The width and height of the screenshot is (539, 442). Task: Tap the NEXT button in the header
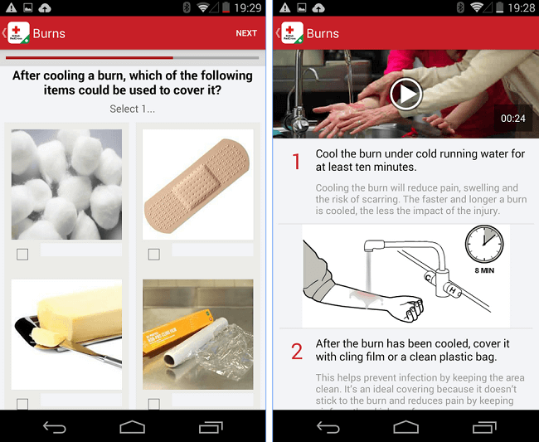click(246, 34)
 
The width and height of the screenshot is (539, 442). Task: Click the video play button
click(405, 94)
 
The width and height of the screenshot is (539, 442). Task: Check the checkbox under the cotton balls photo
click(22, 255)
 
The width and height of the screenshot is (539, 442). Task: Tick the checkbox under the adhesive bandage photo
click(153, 255)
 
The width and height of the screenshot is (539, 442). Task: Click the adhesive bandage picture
click(198, 185)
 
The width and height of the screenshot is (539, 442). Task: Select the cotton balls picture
click(66, 185)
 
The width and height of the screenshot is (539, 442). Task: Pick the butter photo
click(66, 334)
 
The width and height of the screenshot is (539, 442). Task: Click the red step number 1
click(296, 162)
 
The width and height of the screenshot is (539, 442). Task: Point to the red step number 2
click(297, 352)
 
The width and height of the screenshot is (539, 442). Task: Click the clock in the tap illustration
click(484, 245)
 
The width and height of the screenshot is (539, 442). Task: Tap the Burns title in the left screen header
click(49, 34)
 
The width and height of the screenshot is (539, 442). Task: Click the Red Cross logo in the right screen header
click(292, 34)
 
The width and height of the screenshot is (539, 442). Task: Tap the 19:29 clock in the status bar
click(247, 7)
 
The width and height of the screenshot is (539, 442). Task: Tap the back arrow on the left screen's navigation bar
click(55, 427)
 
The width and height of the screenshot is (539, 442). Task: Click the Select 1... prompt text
click(133, 109)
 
